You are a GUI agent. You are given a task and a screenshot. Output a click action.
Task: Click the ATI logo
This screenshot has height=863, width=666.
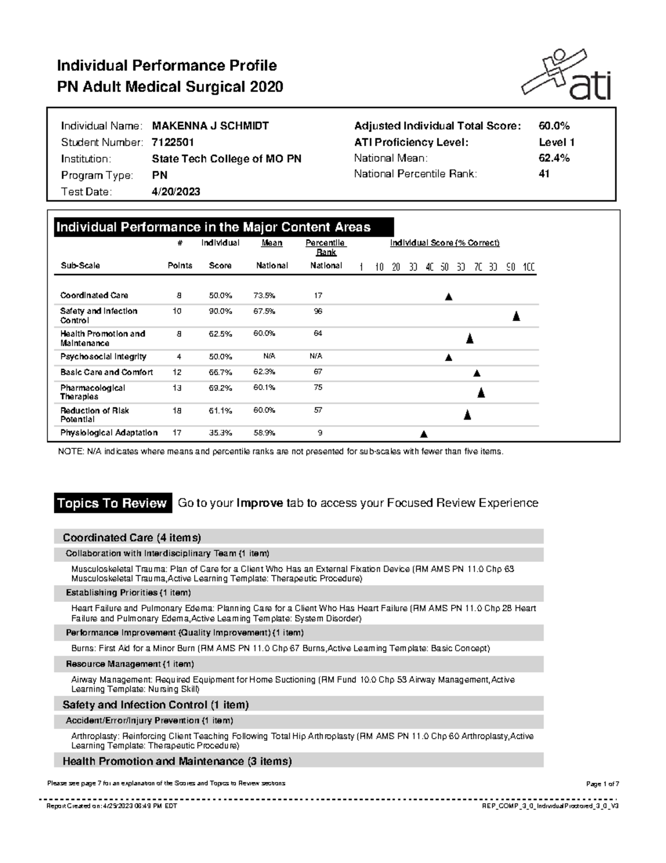(567, 74)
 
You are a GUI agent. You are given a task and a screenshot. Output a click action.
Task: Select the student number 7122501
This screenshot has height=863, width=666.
(173, 142)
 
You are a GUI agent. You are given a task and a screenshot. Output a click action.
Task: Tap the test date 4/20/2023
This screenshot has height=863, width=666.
(176, 192)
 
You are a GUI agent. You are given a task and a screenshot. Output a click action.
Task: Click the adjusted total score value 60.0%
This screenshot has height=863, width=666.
(554, 126)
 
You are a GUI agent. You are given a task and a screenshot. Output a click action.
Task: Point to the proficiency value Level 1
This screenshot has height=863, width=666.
(557, 142)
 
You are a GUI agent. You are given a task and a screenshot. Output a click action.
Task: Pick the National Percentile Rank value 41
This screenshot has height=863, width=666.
(544, 174)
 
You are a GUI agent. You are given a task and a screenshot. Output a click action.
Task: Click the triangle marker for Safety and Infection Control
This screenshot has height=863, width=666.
(516, 317)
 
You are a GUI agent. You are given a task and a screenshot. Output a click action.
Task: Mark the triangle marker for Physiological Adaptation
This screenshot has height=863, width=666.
(423, 434)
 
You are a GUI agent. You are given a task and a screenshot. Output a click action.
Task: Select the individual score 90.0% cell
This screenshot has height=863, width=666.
(220, 311)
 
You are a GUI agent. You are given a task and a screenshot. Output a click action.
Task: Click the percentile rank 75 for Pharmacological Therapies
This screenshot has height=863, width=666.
(318, 388)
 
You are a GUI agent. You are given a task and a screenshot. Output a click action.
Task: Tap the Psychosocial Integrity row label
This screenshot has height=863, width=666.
(103, 357)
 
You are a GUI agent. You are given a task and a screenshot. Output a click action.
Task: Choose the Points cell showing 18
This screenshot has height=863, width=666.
(177, 411)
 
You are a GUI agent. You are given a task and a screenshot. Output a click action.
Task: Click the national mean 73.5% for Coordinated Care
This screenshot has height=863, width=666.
(264, 296)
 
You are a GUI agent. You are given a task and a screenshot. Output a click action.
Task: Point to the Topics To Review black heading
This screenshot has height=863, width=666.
(113, 503)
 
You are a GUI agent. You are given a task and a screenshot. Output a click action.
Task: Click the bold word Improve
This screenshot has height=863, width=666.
(260, 503)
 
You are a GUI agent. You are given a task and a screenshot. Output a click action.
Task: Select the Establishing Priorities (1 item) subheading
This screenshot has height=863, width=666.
(128, 593)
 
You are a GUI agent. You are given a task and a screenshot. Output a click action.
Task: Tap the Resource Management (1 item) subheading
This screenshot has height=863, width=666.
(130, 664)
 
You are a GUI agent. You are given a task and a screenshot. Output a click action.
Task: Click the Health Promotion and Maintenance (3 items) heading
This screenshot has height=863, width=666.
(177, 761)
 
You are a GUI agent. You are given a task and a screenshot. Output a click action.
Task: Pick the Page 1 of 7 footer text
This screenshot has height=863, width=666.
(602, 784)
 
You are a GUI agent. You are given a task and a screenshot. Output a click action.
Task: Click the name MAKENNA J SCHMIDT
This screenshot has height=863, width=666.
(210, 126)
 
